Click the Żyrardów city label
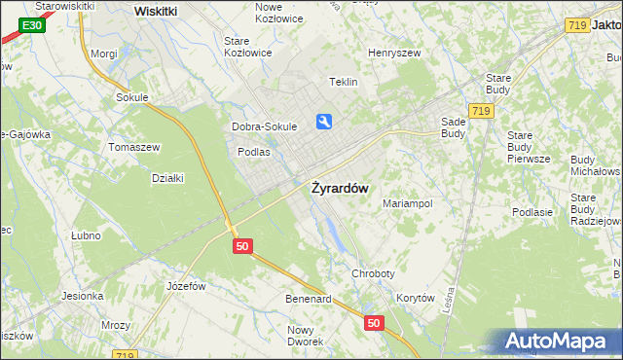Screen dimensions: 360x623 [x=339, y=189]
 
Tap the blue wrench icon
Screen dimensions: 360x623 [x=324, y=122]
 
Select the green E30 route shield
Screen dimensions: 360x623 [x=30, y=23]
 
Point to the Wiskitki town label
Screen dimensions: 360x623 [x=156, y=11]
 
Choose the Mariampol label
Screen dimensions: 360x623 [x=407, y=204]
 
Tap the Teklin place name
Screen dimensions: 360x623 [x=344, y=83]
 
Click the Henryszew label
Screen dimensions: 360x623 [x=392, y=53]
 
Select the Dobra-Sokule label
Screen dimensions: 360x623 [x=264, y=126]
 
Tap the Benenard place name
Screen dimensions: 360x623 [x=308, y=299]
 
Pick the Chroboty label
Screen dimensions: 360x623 [x=375, y=274]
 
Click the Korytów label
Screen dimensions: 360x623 [x=415, y=299]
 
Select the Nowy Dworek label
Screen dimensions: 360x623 [x=306, y=336]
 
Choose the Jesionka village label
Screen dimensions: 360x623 [x=82, y=296]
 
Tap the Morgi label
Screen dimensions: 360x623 [x=103, y=54]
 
